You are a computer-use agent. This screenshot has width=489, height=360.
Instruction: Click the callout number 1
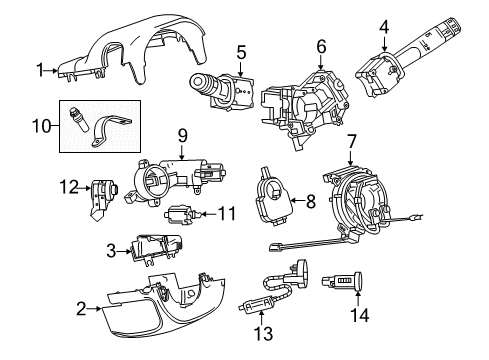click(x=41, y=69)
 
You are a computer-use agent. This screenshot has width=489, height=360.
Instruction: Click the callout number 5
click(x=241, y=51)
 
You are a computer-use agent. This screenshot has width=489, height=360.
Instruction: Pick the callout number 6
click(x=321, y=46)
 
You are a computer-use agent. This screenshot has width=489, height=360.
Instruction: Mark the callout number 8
click(x=310, y=201)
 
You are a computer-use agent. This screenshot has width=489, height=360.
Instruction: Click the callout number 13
click(x=263, y=332)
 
